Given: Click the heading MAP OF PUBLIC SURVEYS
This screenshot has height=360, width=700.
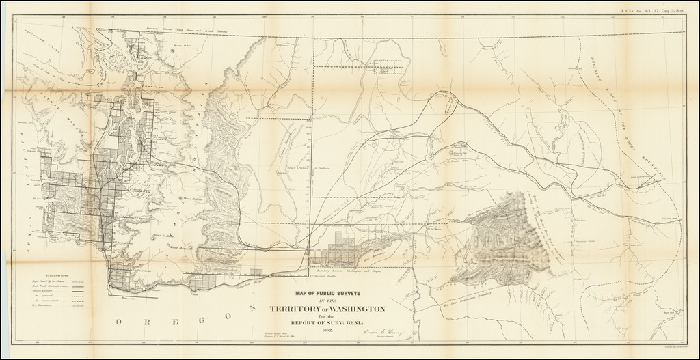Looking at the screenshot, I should [321, 292].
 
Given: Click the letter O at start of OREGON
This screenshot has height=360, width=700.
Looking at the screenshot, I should [119, 321].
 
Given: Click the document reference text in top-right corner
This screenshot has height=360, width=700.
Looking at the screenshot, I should [658, 10].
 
